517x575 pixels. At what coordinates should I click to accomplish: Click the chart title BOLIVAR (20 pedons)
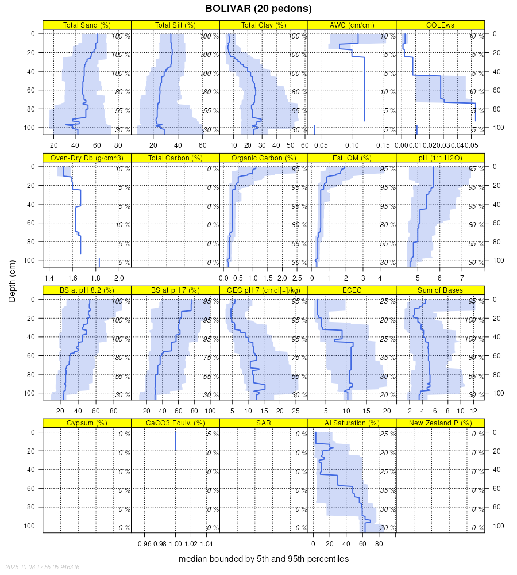point(258,9)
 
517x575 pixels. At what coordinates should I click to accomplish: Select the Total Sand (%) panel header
point(87,25)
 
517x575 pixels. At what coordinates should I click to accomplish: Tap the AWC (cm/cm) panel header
point(352,25)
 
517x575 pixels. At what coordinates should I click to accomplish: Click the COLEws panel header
point(441,25)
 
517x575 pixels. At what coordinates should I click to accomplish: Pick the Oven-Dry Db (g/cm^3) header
point(87,158)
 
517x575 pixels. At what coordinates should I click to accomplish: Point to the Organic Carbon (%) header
point(264,158)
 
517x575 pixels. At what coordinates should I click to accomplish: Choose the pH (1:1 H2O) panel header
point(441,158)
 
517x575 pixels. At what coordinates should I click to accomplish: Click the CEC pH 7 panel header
point(264,290)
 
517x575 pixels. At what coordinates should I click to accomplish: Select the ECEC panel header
point(352,290)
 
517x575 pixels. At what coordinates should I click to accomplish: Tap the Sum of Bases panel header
point(441,290)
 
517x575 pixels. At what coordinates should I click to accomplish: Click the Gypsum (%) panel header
point(87,423)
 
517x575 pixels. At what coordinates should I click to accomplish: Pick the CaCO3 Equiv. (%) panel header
point(175,423)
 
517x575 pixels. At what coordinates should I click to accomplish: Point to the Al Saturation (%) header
point(352,423)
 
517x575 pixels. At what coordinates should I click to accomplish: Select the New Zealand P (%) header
point(441,423)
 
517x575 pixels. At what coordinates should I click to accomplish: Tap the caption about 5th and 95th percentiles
point(264,559)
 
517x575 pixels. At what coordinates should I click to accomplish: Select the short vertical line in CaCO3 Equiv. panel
point(175,442)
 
